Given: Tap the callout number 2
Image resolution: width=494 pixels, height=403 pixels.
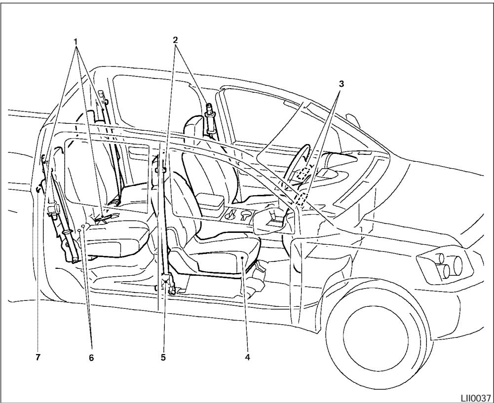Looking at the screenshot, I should coord(176,41).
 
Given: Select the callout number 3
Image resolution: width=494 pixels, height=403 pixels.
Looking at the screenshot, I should coord(341,83).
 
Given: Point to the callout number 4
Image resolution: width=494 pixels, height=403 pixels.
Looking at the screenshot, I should coord(247,356).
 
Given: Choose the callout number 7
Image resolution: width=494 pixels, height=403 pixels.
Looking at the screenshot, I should coord(38,356).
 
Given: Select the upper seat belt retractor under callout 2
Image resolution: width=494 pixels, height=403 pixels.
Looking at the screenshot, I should coord(209,116).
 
